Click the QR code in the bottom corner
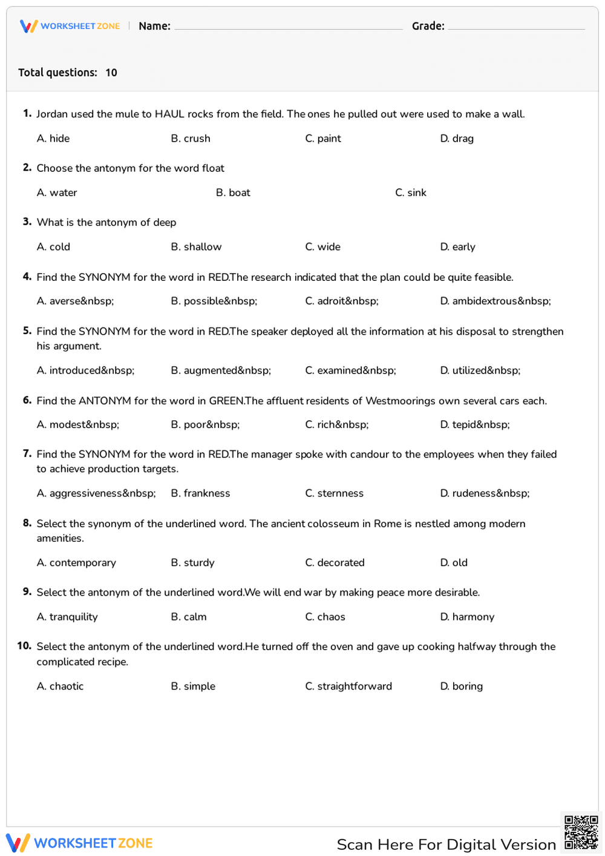click(x=581, y=832)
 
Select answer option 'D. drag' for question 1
click(x=457, y=139)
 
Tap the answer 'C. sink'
click(x=411, y=193)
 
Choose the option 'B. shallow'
click(x=196, y=247)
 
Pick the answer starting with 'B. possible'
click(x=214, y=301)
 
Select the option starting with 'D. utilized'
click(x=480, y=370)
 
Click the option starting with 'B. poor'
click(x=205, y=425)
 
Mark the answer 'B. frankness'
click(x=200, y=493)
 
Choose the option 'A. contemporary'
click(x=76, y=563)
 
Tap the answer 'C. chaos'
click(x=325, y=617)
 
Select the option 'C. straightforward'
click(x=348, y=686)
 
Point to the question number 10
click(x=24, y=647)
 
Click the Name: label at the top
click(x=154, y=26)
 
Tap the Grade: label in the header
click(x=428, y=26)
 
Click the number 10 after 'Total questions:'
click(x=111, y=73)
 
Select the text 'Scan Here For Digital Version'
click(x=446, y=844)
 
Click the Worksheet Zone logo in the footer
click(x=79, y=843)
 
